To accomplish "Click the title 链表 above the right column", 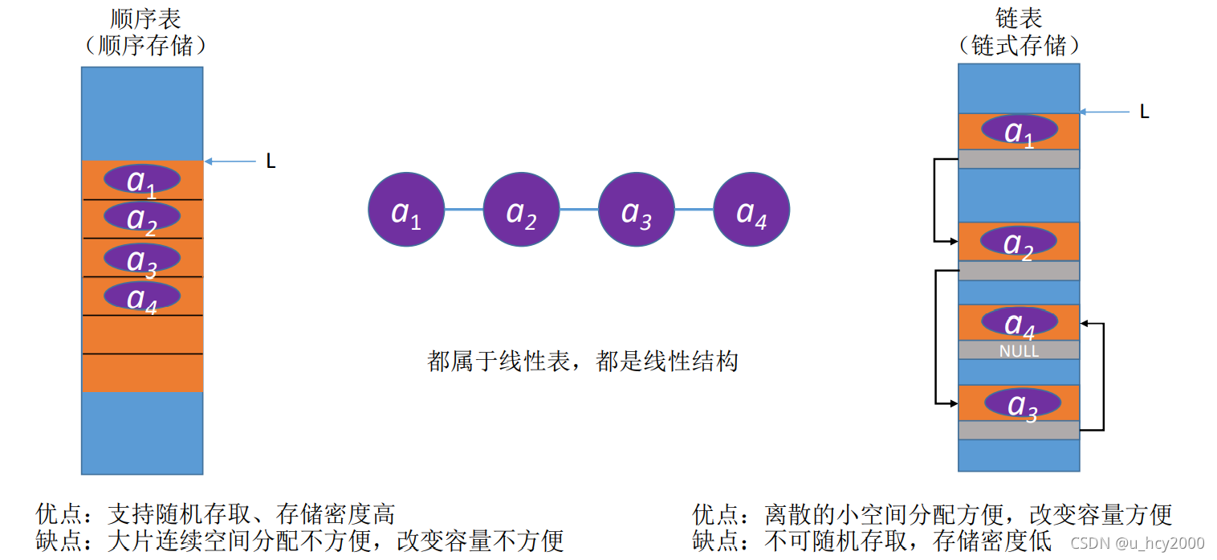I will [1018, 17].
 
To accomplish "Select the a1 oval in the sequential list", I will [142, 179].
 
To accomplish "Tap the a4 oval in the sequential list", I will [142, 296].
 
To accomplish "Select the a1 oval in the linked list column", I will [1019, 130].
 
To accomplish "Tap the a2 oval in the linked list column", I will [1019, 241].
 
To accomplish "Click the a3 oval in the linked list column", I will [1021, 403].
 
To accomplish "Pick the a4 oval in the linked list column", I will [1019, 322].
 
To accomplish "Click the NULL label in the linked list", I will [1019, 351].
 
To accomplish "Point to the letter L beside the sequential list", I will [271, 161].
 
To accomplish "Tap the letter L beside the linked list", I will [1145, 112].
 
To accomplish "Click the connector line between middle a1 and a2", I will [464, 210].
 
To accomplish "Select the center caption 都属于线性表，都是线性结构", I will [582, 362].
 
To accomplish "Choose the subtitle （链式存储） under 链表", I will [1018, 45].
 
